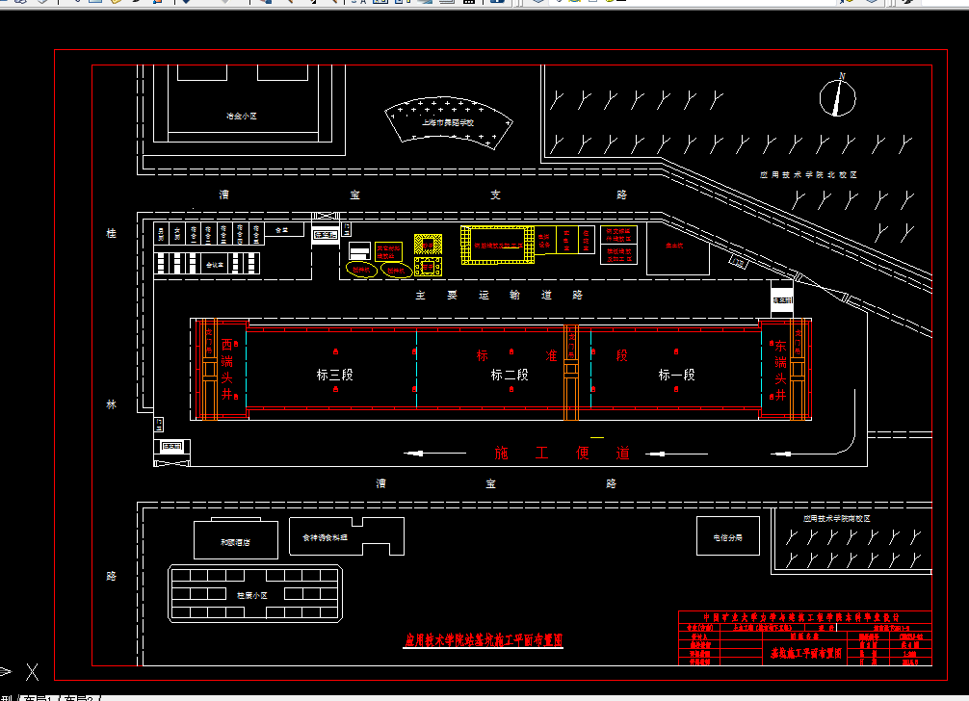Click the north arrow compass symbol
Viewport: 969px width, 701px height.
838,96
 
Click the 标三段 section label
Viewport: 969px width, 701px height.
334,375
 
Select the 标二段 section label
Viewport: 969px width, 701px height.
510,375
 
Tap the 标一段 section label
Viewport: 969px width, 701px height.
676,375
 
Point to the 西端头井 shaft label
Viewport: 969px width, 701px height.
227,369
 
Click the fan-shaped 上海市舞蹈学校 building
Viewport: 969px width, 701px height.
449,120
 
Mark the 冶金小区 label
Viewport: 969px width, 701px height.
242,116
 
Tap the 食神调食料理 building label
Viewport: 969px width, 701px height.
324,537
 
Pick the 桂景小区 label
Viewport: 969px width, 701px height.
252,595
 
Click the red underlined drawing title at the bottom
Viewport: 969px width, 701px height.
483,639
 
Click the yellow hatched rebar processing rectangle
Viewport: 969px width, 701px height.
497,246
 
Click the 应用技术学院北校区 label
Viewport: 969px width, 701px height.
807,175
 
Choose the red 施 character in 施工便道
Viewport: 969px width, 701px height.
501,453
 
